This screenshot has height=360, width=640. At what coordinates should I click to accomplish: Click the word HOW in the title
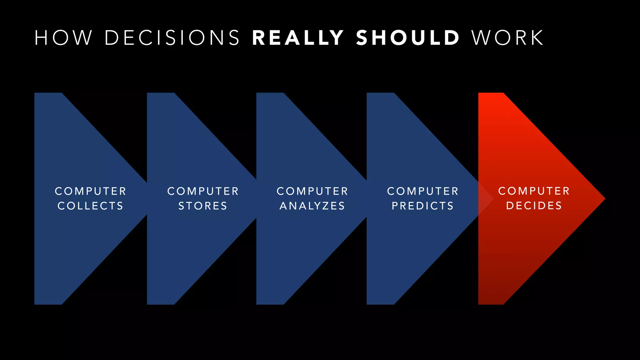coord(63,38)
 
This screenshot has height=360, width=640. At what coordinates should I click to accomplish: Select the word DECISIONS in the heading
coord(172,38)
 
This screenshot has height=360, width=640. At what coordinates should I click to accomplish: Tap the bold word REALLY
coord(298,38)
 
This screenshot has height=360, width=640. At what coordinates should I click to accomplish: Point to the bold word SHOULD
coord(408,38)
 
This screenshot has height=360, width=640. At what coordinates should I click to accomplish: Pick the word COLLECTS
coord(91,206)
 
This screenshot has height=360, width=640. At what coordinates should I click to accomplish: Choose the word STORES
coord(203,206)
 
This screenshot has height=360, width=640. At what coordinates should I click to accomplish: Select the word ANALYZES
coord(312,206)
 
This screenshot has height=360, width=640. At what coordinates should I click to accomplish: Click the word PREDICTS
coord(423,206)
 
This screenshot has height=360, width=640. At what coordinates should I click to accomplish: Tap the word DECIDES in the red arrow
coord(534,206)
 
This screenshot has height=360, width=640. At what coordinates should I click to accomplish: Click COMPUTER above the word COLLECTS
coord(91,191)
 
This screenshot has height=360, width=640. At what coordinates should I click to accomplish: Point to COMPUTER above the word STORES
coord(203,191)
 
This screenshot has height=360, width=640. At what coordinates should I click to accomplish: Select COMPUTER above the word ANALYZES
coord(312,191)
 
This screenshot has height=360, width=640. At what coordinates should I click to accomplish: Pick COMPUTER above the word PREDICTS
coord(423,191)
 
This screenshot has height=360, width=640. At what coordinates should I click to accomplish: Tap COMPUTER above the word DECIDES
coord(534,191)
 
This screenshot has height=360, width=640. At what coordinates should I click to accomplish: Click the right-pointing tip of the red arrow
coord(603,198)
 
